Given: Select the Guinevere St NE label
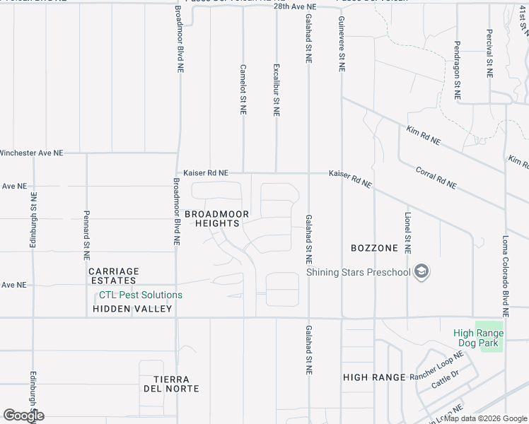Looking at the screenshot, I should pos(342,45).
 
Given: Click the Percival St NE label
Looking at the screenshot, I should pos(489,53).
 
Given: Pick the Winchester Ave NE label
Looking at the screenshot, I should pos(31,153).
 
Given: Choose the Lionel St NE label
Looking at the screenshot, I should pos(407,232).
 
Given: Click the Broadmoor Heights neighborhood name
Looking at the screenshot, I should pos(212,218).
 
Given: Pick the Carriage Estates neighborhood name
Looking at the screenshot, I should pos(114,276).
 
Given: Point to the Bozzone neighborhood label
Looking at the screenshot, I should pos(374,248).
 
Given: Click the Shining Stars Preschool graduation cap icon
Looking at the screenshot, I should pos(422,272).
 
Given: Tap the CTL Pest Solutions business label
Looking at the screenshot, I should pos(140,295).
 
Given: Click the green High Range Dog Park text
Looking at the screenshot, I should pos(479,338).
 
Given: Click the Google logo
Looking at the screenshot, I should pos(23,416).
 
